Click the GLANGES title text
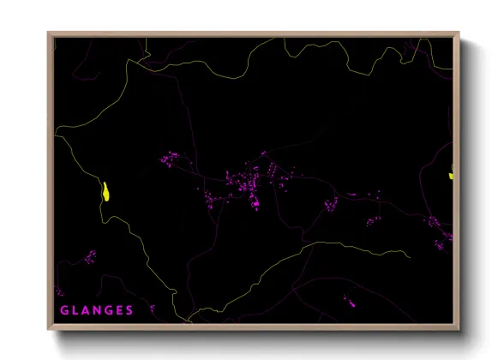tap(97, 310)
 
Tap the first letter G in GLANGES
tap(64, 310)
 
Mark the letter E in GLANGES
tap(120, 310)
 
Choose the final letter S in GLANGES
tap(129, 310)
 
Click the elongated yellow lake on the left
tap(105, 191)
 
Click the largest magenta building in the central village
tap(255, 204)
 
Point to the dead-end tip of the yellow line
tap(410, 254)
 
